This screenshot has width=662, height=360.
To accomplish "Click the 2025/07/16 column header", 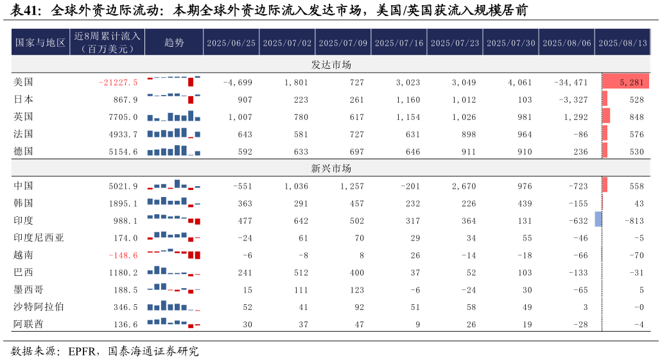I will pyautogui.click(x=399, y=43).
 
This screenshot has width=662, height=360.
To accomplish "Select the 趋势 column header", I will pyautogui.click(x=174, y=43).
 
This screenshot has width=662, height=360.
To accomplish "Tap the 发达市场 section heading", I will pyautogui.click(x=331, y=65).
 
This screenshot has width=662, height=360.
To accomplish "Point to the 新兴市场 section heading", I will pyautogui.click(x=331, y=169).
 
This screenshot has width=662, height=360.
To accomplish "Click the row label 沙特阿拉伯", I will pyautogui.click(x=39, y=307).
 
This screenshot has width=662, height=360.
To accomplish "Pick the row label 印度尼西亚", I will pyautogui.click(x=39, y=237).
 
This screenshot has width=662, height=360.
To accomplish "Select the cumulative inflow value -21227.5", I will pyautogui.click(x=119, y=82).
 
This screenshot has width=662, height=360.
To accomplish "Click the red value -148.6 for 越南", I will pyautogui.click(x=123, y=255).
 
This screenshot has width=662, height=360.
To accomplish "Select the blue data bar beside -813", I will pyautogui.click(x=598, y=219).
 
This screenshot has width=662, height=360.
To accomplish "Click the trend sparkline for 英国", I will pyautogui.click(x=174, y=116).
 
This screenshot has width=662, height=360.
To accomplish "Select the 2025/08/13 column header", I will pyautogui.click(x=622, y=43).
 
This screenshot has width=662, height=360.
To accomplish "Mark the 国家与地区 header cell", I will pyautogui.click(x=40, y=43).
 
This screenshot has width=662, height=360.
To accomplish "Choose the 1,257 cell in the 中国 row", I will pyautogui.click(x=350, y=186).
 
